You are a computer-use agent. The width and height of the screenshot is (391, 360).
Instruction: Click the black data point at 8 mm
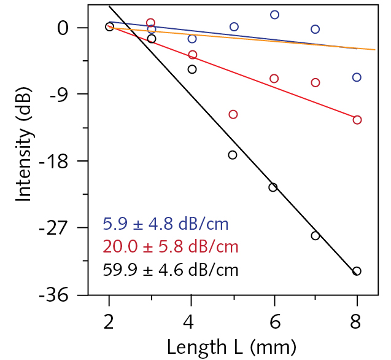click(357, 271)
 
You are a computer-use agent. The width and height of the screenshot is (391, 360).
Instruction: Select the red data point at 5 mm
click(233, 114)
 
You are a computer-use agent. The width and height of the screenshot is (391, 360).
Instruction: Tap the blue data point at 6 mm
click(274, 15)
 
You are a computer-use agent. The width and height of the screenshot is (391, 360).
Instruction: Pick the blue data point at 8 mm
click(357, 77)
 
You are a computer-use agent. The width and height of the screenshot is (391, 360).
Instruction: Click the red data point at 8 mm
click(357, 120)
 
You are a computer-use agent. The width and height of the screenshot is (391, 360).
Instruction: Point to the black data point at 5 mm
click(233, 155)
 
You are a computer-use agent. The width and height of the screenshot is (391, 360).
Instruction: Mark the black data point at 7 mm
click(316, 235)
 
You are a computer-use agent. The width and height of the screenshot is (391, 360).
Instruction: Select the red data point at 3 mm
click(151, 23)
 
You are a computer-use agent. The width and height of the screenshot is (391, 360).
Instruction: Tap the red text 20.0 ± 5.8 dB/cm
click(171, 246)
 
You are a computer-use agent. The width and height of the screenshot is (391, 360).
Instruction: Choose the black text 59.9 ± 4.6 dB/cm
click(170, 269)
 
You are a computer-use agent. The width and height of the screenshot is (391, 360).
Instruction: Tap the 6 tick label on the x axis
click(274, 322)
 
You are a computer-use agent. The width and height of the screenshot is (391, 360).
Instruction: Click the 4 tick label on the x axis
click(192, 322)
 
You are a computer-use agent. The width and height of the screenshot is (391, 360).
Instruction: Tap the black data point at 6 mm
click(273, 187)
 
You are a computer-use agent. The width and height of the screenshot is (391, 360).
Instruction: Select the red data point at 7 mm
click(316, 82)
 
